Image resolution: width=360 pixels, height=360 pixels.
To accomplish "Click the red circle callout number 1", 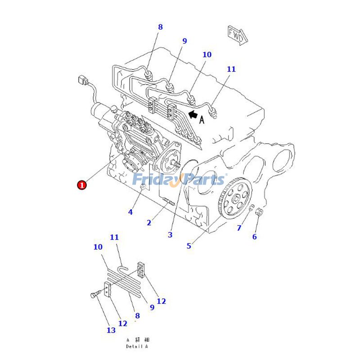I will (x=82, y=184).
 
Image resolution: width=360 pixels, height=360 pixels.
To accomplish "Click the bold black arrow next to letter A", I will (x=193, y=115).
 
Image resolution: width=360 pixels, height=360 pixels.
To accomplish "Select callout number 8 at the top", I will (x=160, y=27).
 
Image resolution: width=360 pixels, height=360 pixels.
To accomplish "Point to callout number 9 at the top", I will (x=184, y=41).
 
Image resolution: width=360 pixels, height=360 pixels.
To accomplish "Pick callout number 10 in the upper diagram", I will (x=207, y=55).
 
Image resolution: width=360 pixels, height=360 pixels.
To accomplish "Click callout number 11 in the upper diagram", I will (x=231, y=69).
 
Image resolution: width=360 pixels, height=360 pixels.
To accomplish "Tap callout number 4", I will (x=130, y=211).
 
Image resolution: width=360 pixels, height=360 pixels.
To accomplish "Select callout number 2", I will (x=149, y=222).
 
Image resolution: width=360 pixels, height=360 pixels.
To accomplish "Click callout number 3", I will (x=170, y=234).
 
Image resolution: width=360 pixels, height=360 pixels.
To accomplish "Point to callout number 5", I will (x=189, y=246).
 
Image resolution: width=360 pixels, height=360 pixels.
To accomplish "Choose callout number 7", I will (x=239, y=228).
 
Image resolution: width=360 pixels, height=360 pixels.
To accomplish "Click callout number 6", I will (x=254, y=237).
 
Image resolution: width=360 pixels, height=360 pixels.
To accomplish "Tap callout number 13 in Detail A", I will (x=111, y=330).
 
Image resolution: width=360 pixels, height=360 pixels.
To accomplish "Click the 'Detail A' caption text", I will (x=137, y=346).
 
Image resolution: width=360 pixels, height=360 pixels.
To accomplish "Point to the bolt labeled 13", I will (x=94, y=295).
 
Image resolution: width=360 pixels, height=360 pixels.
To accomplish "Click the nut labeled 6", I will (x=259, y=211).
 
